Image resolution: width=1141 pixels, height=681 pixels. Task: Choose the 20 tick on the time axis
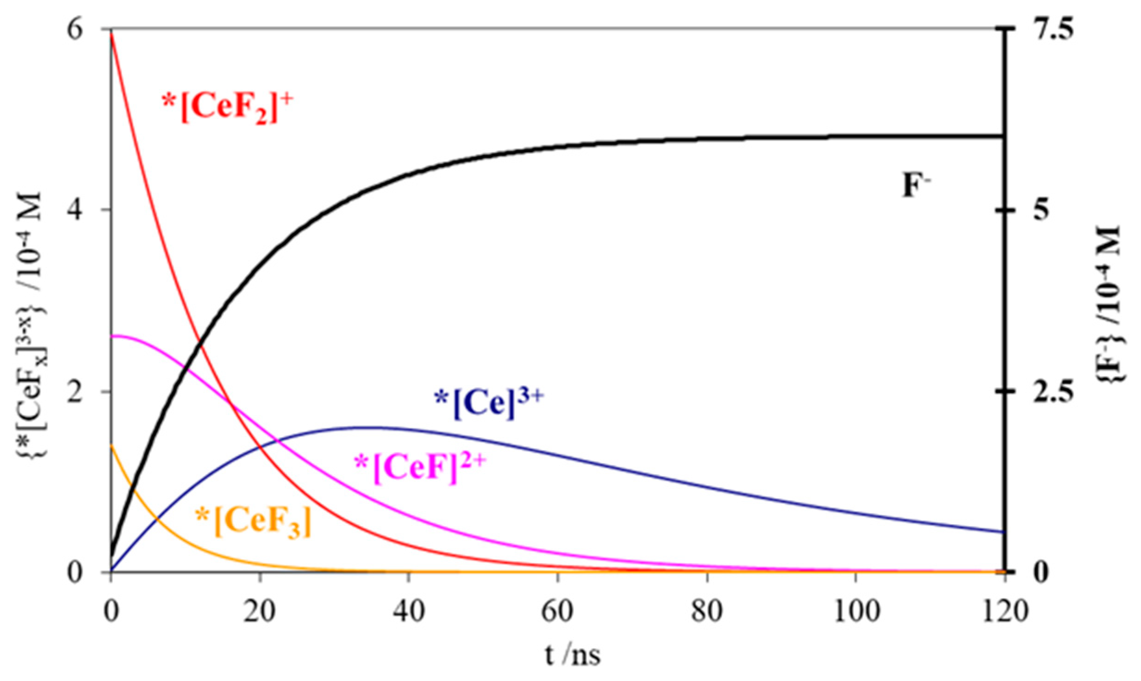260,611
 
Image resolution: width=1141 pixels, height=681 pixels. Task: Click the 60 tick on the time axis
558,611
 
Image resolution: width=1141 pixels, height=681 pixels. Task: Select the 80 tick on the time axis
707,611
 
